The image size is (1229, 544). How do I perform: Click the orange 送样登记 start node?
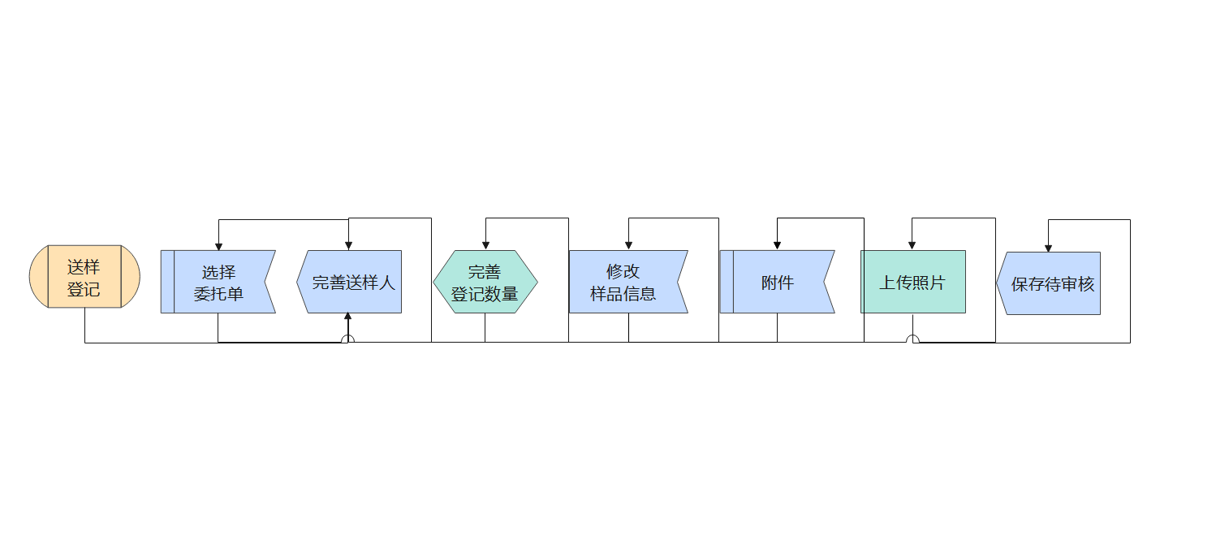(x=84, y=277)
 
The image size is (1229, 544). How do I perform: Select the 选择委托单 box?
(x=218, y=282)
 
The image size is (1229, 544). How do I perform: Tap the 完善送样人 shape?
(x=351, y=283)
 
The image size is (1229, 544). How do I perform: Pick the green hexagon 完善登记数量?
(x=485, y=282)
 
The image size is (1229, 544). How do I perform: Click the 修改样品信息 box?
(x=627, y=282)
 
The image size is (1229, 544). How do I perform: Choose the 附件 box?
(x=777, y=282)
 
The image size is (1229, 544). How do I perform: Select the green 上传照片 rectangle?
(x=913, y=282)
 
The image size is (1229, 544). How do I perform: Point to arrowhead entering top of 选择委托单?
(x=218, y=245)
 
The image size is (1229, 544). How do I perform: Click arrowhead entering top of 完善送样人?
(x=348, y=245)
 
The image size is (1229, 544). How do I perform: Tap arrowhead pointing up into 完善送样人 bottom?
(x=348, y=317)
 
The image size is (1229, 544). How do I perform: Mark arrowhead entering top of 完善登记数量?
(x=485, y=245)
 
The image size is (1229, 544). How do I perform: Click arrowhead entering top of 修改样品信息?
(x=628, y=245)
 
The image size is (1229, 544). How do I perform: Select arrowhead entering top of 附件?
(x=777, y=245)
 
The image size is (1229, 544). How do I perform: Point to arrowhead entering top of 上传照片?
(x=912, y=245)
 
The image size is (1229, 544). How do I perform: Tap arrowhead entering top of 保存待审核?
(x=1048, y=247)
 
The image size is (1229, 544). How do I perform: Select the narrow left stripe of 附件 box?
(x=727, y=282)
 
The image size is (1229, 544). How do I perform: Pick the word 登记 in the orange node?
(x=84, y=289)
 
